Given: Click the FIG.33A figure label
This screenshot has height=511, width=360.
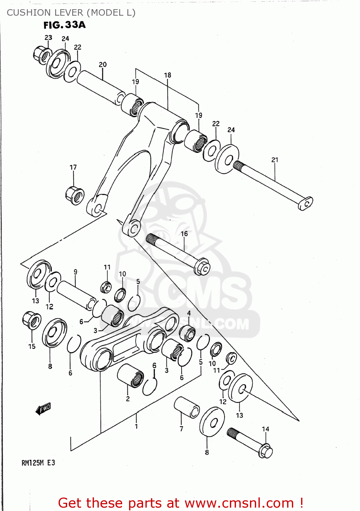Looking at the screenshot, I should (x=64, y=25).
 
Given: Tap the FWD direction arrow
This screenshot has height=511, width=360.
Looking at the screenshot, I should (x=43, y=408).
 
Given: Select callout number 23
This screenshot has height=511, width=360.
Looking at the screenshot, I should (x=48, y=37).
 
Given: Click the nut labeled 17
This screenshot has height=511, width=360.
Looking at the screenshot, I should (x=75, y=196).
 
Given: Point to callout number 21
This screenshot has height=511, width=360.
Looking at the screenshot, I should (x=275, y=160).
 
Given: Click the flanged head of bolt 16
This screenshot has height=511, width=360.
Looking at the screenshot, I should (x=202, y=267).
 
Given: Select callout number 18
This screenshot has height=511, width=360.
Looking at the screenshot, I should (x=168, y=75).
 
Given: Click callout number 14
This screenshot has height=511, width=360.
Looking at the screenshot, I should (x=266, y=429).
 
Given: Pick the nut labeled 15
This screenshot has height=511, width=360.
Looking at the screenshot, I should (x=31, y=320).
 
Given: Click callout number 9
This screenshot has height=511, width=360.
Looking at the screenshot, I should (x=76, y=272).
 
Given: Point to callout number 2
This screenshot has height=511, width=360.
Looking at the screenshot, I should (x=128, y=399).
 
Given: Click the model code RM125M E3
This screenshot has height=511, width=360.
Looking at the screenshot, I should (x=38, y=463).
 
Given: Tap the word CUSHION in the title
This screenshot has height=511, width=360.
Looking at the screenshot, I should (x=26, y=13).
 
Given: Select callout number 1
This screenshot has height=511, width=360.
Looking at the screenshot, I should (x=136, y=426).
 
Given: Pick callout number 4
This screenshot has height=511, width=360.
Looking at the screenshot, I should (x=189, y=313).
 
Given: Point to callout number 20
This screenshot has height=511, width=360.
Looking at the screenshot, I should (x=103, y=64).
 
